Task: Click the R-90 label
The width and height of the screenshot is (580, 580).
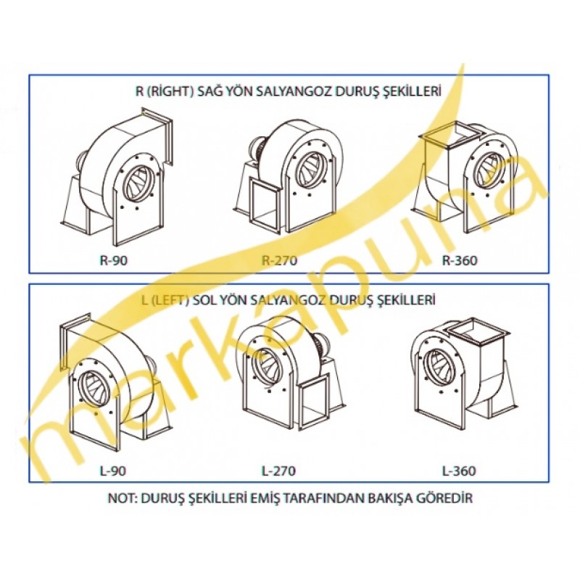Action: tap(114, 260)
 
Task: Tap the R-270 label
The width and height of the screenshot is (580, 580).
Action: tap(279, 260)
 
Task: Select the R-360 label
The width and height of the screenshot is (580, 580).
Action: tap(460, 260)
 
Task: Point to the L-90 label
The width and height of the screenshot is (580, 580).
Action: tap(113, 471)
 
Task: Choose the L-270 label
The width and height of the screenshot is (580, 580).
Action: tap(279, 471)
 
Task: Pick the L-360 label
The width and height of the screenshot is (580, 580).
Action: tap(459, 471)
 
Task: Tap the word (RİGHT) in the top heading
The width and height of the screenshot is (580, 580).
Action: tap(170, 91)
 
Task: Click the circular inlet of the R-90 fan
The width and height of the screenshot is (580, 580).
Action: tap(139, 185)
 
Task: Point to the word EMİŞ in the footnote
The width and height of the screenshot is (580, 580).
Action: tap(264, 498)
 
